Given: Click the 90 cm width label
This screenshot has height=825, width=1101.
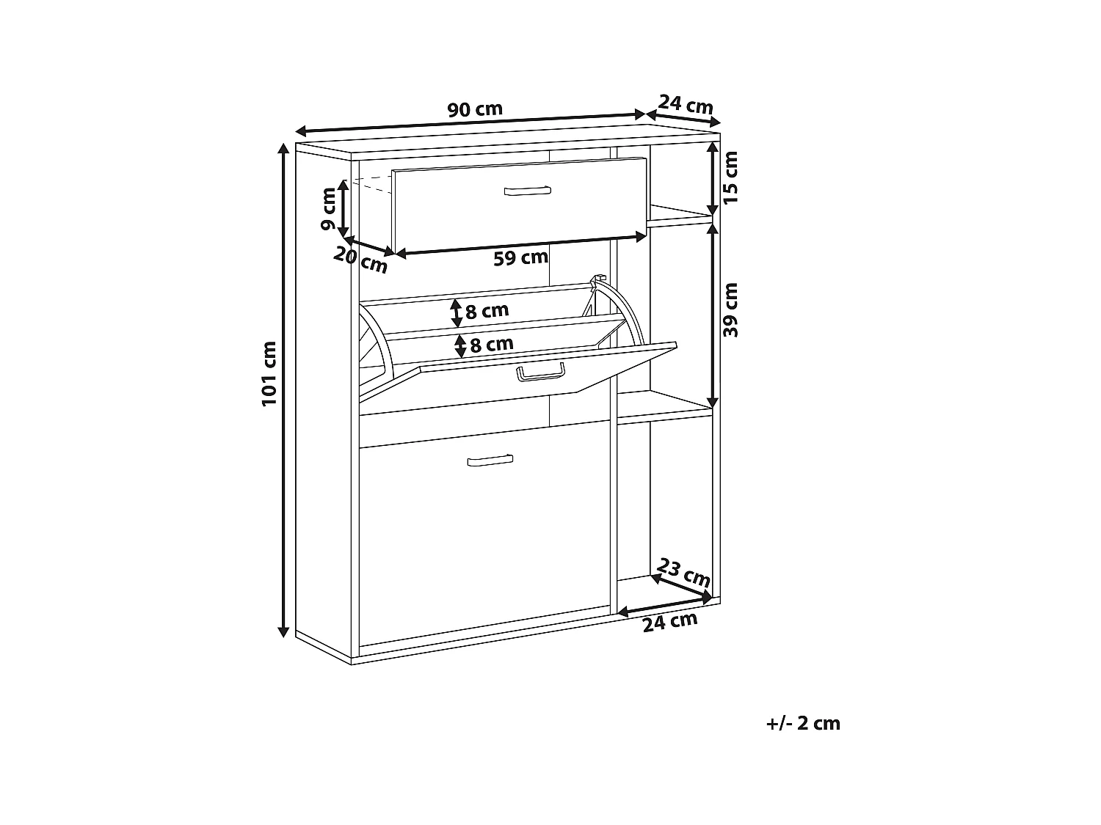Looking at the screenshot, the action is coord(474,109).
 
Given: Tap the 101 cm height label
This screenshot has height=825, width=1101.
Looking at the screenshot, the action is coord(269,374).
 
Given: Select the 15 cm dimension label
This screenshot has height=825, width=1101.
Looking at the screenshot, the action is coord(731,177).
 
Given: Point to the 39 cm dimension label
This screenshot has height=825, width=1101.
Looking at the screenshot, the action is coord(731,310).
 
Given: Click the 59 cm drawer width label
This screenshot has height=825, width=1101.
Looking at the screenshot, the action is coord(520,258).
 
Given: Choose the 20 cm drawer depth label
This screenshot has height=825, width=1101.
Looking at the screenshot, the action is coord(360,261).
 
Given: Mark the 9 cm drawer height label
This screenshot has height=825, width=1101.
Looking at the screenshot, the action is coord(328,208).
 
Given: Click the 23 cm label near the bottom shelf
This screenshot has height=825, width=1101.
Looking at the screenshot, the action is coord(683,573).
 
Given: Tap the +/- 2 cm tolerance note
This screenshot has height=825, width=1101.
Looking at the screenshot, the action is coord(803,723).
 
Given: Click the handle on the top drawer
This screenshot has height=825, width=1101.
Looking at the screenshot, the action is coord(528,191).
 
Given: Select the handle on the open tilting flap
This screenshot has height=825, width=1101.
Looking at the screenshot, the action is coord(541,373).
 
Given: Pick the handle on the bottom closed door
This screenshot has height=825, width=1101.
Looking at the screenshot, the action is coord(490,461).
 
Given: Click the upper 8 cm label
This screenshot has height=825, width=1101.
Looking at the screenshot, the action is coord(487,310).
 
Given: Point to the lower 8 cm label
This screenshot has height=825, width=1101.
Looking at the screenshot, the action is coord(492,344).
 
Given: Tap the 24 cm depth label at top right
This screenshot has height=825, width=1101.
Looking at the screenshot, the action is coord(685,104).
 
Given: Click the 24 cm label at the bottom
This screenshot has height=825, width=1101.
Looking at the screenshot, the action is coord(670,622).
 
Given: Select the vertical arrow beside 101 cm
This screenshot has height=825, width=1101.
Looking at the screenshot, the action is coord(283,390).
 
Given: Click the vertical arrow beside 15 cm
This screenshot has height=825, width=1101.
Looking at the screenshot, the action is coord(712,179).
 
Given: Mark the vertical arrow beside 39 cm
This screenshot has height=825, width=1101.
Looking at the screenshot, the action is coord(712,315).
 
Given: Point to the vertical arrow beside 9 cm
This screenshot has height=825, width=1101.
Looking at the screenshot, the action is coord(343,208).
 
